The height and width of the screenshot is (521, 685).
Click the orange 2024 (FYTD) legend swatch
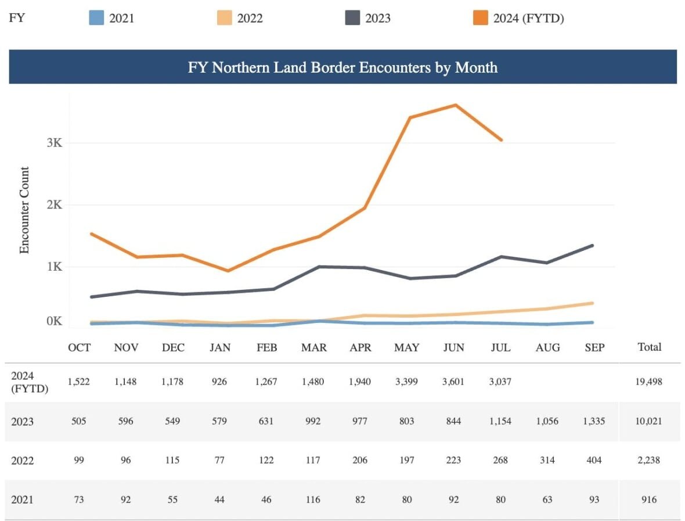tap(480, 18)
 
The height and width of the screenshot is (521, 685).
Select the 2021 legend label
tap(121, 19)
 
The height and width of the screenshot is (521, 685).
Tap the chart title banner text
tap(342, 67)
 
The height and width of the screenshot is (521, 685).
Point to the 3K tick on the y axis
tap(54, 143)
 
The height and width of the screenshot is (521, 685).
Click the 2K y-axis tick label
tap(54, 205)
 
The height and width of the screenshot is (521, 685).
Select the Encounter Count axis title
tap(24, 210)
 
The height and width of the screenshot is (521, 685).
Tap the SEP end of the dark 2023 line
tap(593, 246)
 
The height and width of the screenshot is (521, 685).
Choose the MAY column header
tap(406, 347)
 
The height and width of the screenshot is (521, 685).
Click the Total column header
tap(649, 347)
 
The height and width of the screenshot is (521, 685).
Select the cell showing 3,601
tap(453, 382)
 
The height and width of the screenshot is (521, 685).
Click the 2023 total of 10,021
tap(649, 421)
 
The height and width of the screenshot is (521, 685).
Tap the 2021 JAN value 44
tap(220, 499)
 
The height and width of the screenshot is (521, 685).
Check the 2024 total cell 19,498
tap(649, 382)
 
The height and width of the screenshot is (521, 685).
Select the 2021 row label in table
tap(23, 499)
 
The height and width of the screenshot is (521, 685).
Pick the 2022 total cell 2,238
tap(649, 460)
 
